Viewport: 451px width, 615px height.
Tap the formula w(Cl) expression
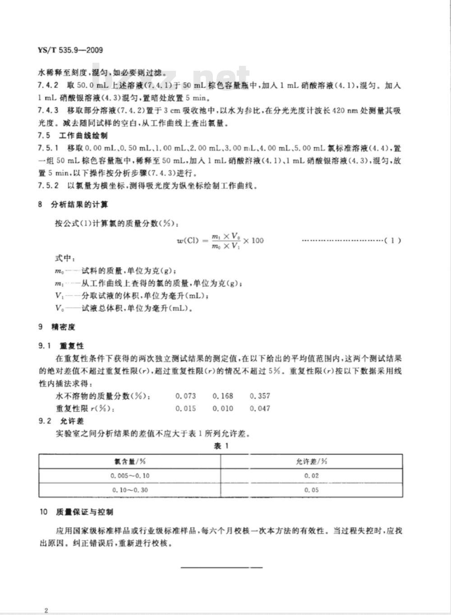(x=220, y=240)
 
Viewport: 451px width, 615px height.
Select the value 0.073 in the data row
(x=186, y=396)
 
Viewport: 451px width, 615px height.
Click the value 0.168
(x=223, y=396)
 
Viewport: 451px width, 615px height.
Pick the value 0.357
(x=260, y=396)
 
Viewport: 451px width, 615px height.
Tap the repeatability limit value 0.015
(x=186, y=408)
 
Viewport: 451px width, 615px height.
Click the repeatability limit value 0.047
(x=260, y=408)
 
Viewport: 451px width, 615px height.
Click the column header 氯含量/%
(x=130, y=461)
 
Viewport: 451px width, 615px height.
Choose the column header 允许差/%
(x=312, y=461)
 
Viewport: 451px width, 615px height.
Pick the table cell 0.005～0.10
(x=130, y=476)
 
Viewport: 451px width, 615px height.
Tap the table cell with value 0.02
(x=312, y=476)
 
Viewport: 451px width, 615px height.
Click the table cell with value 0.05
(x=312, y=490)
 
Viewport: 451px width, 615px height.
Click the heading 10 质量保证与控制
(x=76, y=512)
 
